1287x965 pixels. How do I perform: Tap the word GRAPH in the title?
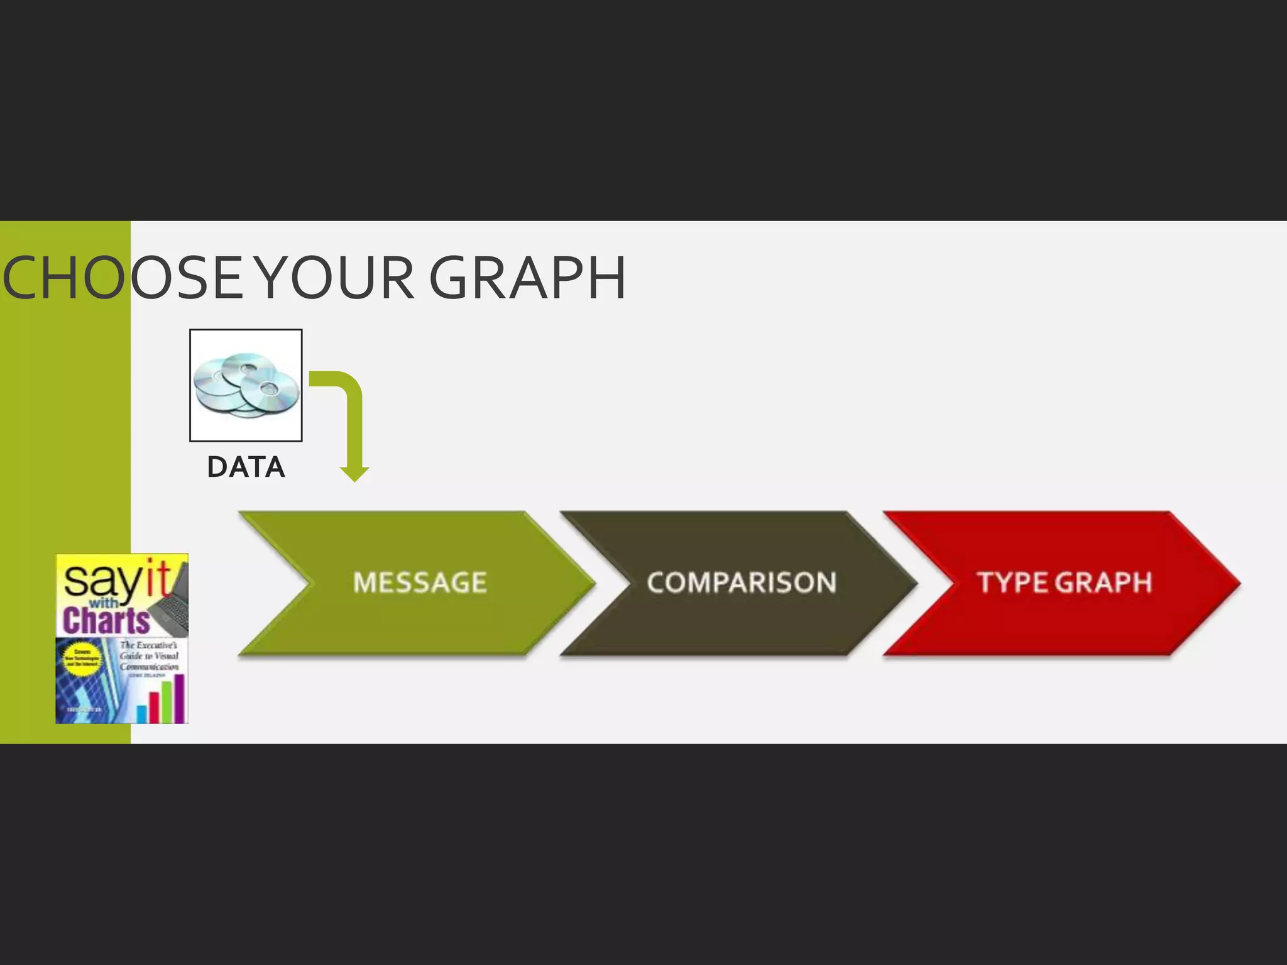[527, 278]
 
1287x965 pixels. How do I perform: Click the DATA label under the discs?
[246, 467]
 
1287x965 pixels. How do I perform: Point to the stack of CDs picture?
[246, 385]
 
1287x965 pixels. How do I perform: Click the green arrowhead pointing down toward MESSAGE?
[354, 473]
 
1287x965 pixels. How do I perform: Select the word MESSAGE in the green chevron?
[420, 582]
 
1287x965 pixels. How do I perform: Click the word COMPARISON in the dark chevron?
[742, 582]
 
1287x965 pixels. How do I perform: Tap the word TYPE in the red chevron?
[1013, 582]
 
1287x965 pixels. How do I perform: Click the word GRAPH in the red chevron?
[1104, 582]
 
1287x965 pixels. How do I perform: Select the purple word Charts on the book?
[106, 621]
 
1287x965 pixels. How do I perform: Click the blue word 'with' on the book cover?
[102, 603]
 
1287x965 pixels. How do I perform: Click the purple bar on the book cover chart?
[179, 698]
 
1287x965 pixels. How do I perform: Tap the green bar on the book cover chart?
[167, 702]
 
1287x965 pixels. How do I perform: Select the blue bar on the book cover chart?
[141, 714]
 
